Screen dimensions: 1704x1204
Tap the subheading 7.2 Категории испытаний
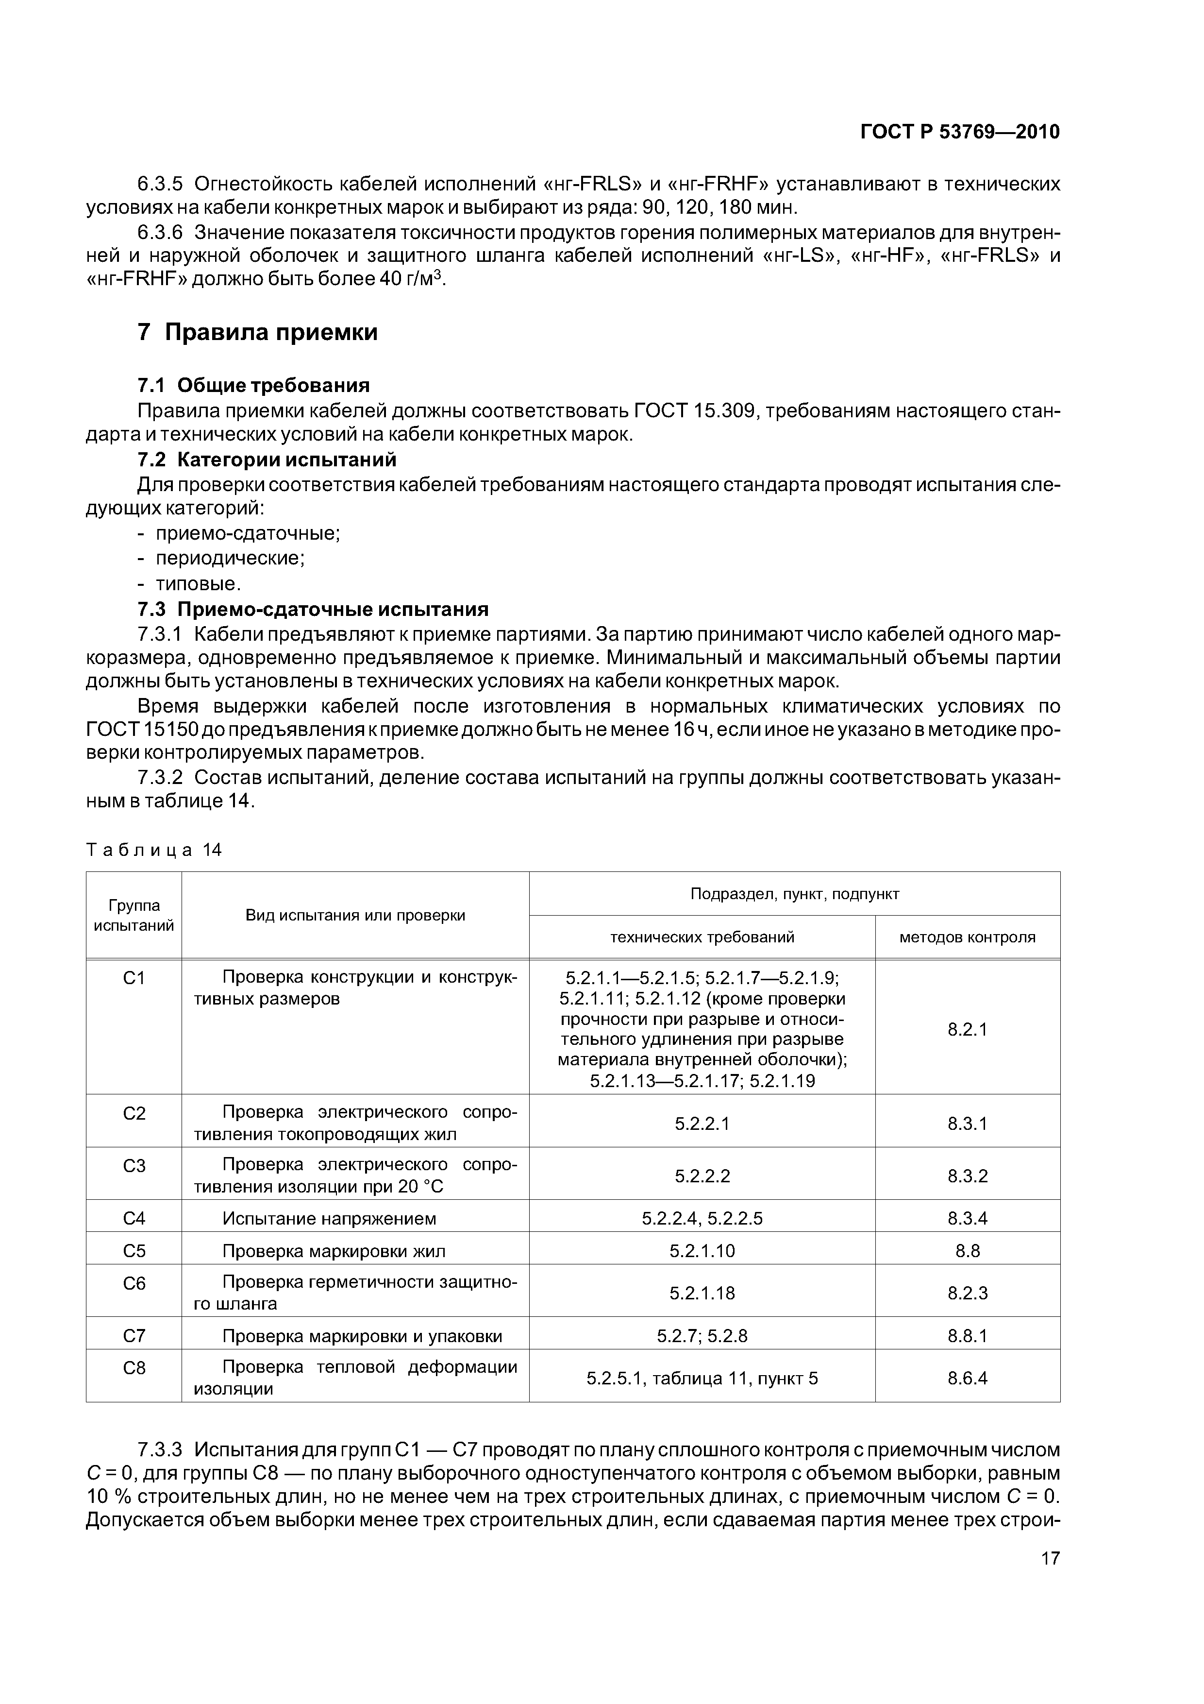(x=267, y=460)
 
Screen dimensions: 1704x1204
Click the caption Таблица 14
(x=153, y=850)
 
